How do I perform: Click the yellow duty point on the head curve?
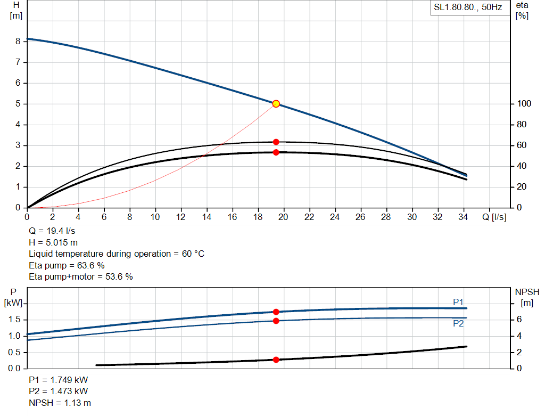tap(276, 104)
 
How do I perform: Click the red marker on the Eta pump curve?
tap(276, 142)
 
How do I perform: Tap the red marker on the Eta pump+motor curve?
tap(276, 152)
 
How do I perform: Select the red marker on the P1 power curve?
tap(276, 312)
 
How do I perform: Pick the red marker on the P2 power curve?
tap(276, 321)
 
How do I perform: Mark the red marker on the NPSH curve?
tap(276, 360)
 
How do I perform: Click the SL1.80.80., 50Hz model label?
tap(468, 8)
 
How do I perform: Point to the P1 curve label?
tap(458, 302)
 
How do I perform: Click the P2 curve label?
tap(458, 323)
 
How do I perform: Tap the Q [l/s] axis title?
tap(494, 217)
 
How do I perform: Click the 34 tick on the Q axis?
tap(463, 217)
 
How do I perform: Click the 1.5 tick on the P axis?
tap(14, 320)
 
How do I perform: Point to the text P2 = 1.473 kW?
tap(59, 391)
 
